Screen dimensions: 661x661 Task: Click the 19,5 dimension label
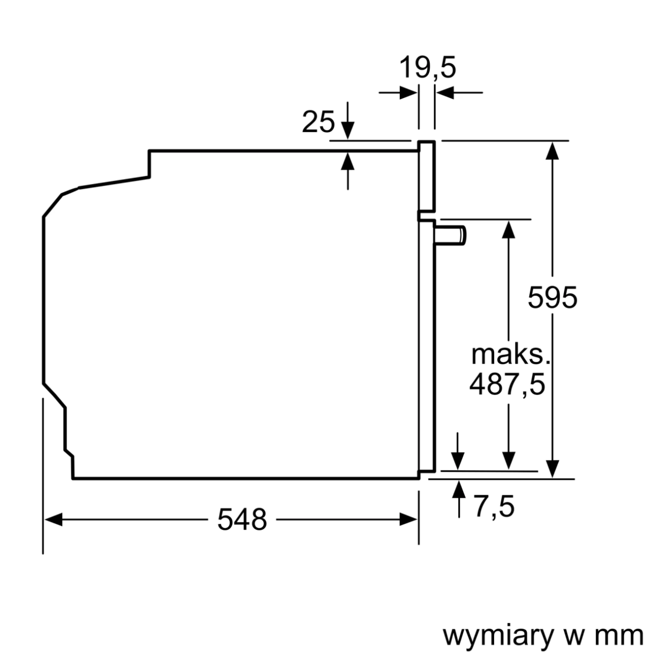tap(427, 68)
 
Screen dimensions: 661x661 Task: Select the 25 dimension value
tap(318, 122)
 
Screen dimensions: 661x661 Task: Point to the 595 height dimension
tap(552, 298)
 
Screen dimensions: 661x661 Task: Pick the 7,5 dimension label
tap(494, 506)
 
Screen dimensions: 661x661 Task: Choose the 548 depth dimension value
tap(242, 519)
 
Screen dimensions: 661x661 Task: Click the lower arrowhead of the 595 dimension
tap(552, 469)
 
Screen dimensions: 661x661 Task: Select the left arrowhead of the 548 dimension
tap(53, 519)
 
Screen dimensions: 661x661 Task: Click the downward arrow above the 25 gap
tap(347, 130)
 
